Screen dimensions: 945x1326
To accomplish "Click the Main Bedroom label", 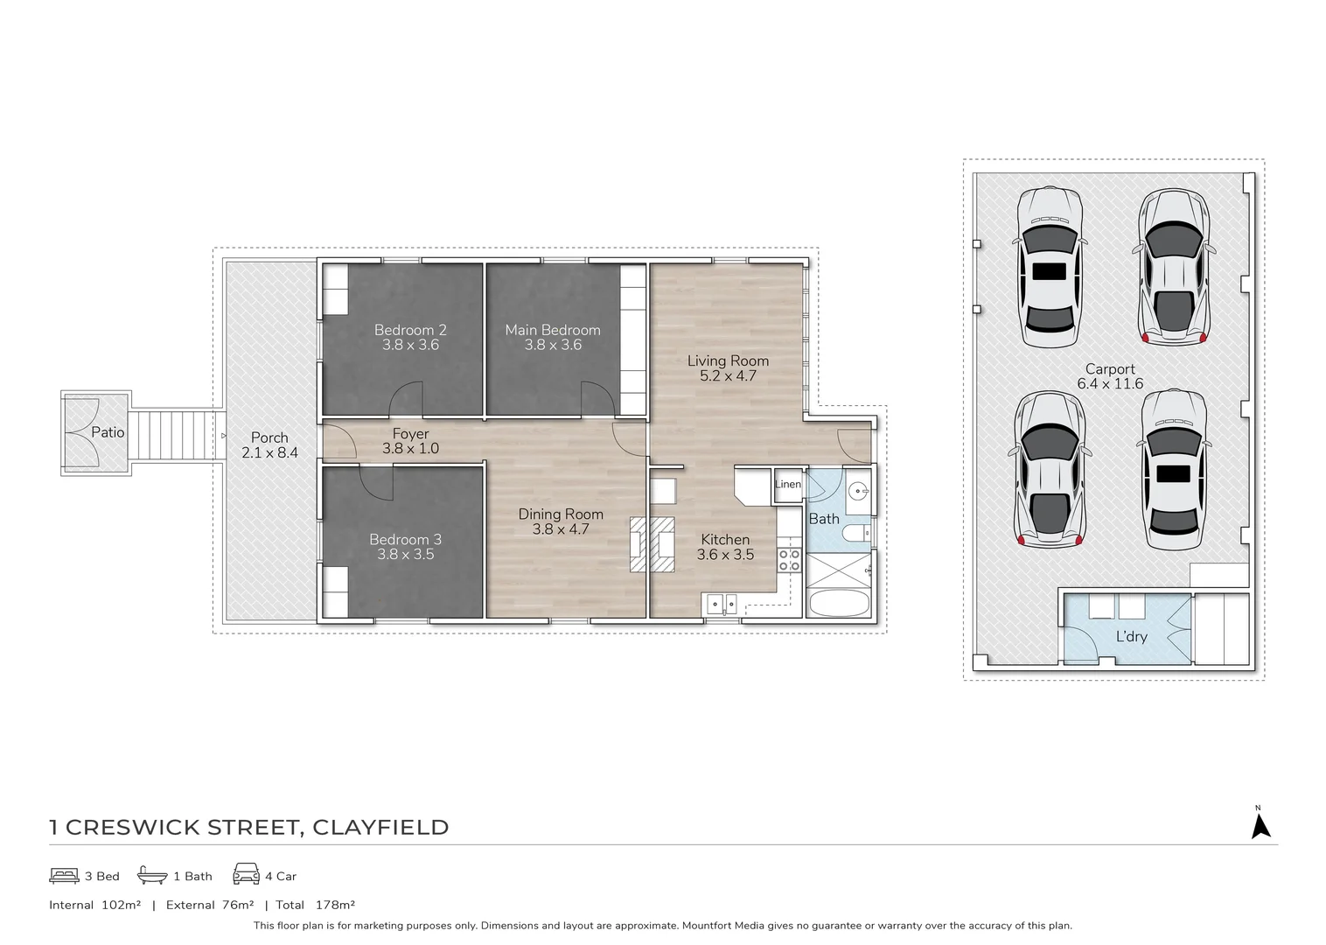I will (x=552, y=330).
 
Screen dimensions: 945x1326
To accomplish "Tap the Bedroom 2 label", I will (x=410, y=330).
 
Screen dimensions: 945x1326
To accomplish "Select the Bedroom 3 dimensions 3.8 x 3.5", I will (x=405, y=555).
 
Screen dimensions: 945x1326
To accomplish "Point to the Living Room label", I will (x=728, y=360).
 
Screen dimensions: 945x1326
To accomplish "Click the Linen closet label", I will (x=787, y=485).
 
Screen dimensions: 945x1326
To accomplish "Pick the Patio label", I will (x=108, y=432).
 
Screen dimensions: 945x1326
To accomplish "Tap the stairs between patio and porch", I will (x=171, y=433).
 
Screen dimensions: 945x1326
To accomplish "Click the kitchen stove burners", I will (x=789, y=560).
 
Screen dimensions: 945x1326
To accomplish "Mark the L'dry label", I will (x=1131, y=636).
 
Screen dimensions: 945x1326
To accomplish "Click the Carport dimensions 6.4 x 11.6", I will (x=1110, y=384).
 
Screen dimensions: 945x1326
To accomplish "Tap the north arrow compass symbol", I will (x=1260, y=825).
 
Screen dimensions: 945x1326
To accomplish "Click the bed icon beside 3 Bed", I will (x=64, y=875).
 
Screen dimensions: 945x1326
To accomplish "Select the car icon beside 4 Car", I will (x=246, y=874).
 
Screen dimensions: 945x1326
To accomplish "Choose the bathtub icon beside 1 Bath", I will (x=152, y=875).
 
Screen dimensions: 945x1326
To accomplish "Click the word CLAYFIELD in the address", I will (x=380, y=828).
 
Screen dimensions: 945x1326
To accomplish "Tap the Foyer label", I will (x=410, y=434).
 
